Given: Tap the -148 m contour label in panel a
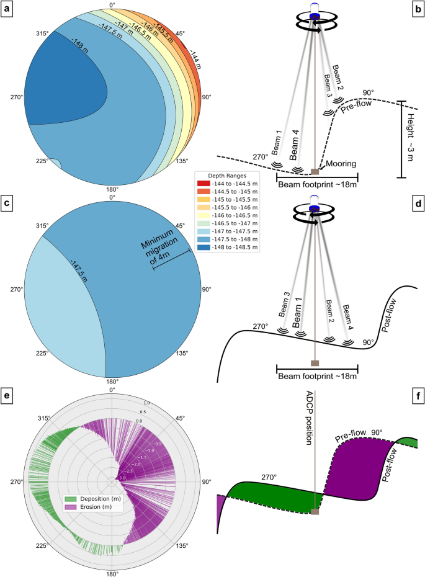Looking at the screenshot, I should (79, 45).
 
